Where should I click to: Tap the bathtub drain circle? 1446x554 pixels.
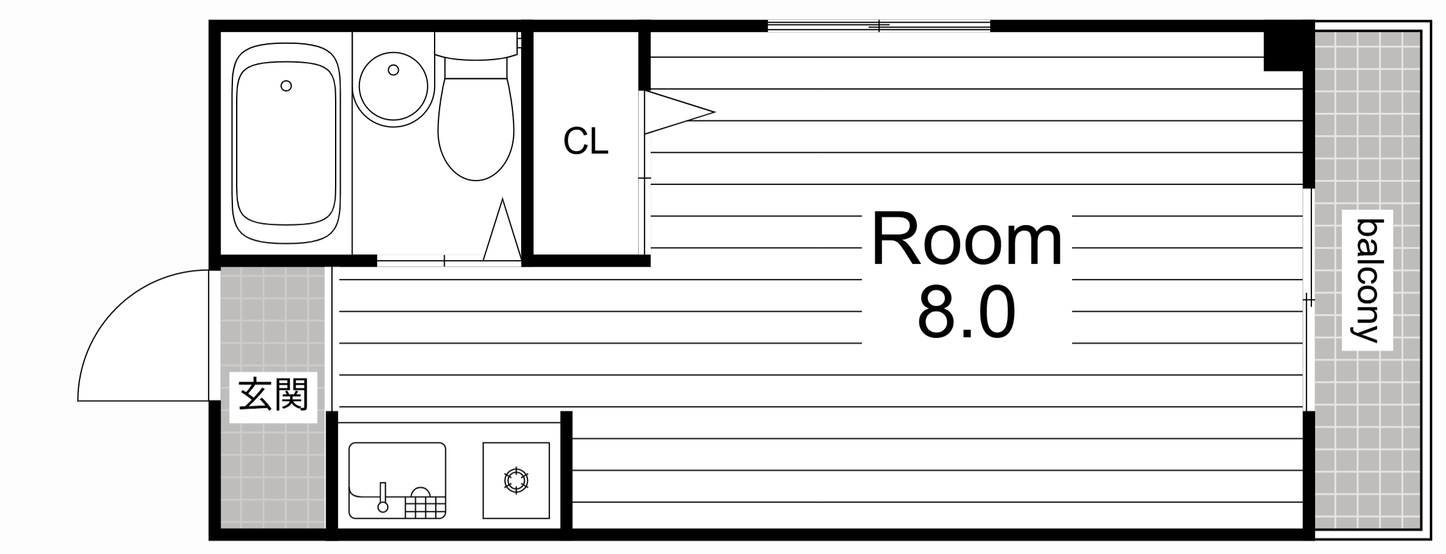click(x=286, y=86)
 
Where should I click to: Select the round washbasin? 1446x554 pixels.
click(x=393, y=85)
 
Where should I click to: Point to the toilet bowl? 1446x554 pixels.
click(x=476, y=128)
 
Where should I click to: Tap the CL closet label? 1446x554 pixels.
click(x=586, y=141)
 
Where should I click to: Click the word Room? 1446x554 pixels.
click(x=966, y=241)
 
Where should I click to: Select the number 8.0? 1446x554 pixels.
click(x=966, y=311)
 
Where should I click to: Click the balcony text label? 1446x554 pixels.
click(x=1367, y=280)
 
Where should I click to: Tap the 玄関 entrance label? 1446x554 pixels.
click(x=274, y=394)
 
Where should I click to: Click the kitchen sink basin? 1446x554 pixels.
click(x=397, y=480)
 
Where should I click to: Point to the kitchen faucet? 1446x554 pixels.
click(x=383, y=498)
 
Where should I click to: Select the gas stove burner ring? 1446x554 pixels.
click(x=516, y=481)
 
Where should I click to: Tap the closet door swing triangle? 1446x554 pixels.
click(x=679, y=113)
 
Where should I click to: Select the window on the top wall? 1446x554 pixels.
click(x=879, y=26)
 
